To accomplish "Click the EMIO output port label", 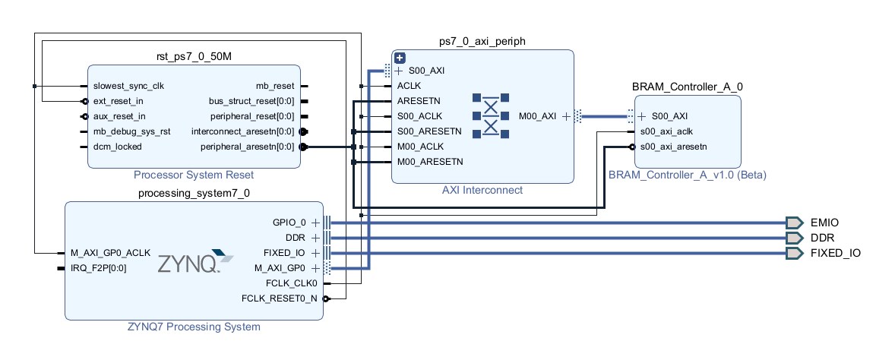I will click(x=824, y=223).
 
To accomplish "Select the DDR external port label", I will click(x=822, y=238).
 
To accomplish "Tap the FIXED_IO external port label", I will click(x=836, y=253).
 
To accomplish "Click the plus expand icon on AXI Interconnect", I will click(x=400, y=58).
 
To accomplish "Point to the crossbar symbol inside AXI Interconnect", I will click(x=490, y=115).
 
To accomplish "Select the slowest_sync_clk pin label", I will click(x=128, y=86).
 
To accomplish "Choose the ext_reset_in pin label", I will click(x=119, y=101).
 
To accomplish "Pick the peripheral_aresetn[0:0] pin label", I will click(x=246, y=147).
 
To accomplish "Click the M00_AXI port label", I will click(x=538, y=116).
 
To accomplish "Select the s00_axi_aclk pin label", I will click(x=666, y=131).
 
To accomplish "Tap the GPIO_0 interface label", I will click(x=289, y=223).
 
